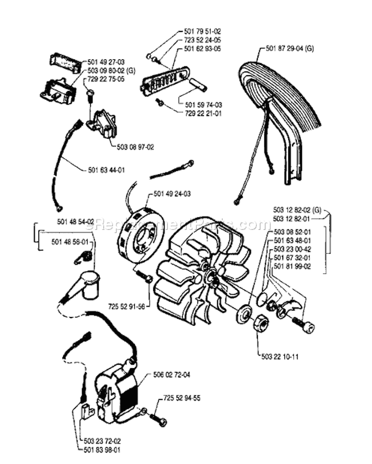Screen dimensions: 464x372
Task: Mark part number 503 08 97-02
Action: [135, 147]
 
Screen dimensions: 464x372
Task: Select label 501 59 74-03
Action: [203, 105]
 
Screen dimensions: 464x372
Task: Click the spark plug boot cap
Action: [87, 283]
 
